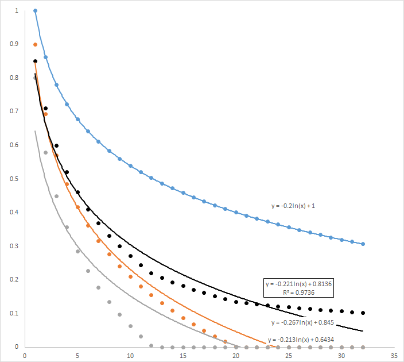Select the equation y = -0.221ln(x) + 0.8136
pos(296,284)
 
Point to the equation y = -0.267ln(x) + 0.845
pos(302,322)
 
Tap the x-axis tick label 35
pos(394,356)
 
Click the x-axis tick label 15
pos(183,356)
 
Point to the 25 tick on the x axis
pos(289,356)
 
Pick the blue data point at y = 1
pos(36,11)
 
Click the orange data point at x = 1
pos(36,44)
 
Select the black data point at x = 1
pos(36,61)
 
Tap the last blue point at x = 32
pos(363,244)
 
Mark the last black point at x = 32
pos(363,313)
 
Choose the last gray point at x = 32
pos(363,347)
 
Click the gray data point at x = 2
pos(46,153)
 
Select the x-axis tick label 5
pos(77,356)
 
